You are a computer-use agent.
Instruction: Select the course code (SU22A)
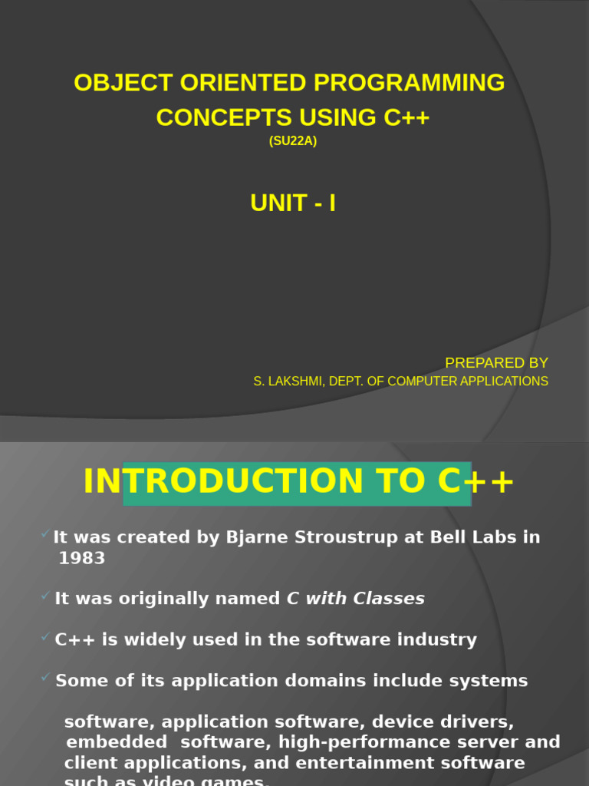[x=293, y=141]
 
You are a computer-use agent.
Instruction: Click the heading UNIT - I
[x=293, y=203]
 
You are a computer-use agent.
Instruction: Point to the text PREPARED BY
[x=496, y=363]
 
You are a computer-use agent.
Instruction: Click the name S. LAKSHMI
[x=287, y=381]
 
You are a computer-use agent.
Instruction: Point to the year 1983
[x=81, y=559]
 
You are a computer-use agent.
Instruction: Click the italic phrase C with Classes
[x=355, y=599]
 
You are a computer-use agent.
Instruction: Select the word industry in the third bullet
[x=438, y=639]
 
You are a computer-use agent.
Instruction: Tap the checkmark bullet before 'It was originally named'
[x=46, y=596]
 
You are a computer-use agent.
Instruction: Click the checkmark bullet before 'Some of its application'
[x=46, y=677]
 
